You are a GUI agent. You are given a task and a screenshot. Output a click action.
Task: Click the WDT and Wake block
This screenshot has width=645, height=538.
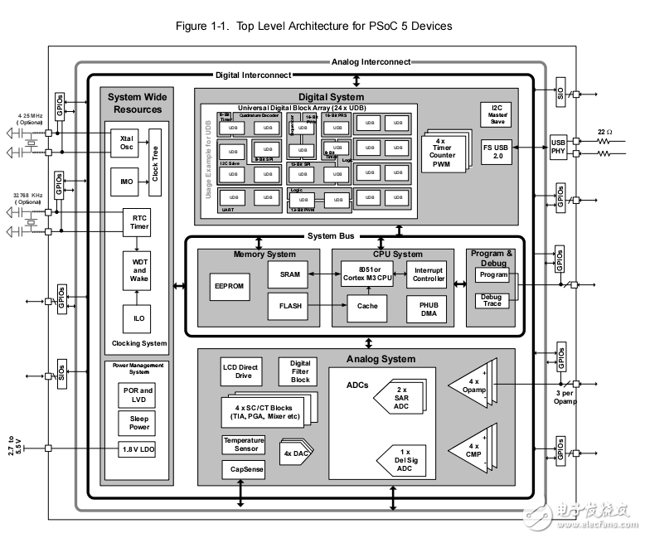(138, 270)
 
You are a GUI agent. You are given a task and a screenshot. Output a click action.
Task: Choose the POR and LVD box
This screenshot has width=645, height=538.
(138, 395)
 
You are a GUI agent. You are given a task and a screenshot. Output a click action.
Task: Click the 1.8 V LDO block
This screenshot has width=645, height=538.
(138, 449)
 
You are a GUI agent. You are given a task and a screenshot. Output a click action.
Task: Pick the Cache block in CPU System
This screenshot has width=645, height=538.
(367, 306)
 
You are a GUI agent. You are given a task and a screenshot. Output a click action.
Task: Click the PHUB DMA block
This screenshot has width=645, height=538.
(427, 308)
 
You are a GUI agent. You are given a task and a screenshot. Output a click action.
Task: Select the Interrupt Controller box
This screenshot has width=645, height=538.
(427, 274)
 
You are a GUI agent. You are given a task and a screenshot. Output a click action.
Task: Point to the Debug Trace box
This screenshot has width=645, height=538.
(492, 301)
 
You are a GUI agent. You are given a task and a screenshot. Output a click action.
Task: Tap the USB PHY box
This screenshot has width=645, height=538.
(560, 146)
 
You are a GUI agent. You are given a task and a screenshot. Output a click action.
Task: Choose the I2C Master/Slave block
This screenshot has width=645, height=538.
(496, 114)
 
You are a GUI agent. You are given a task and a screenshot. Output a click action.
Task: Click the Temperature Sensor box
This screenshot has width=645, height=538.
(244, 444)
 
